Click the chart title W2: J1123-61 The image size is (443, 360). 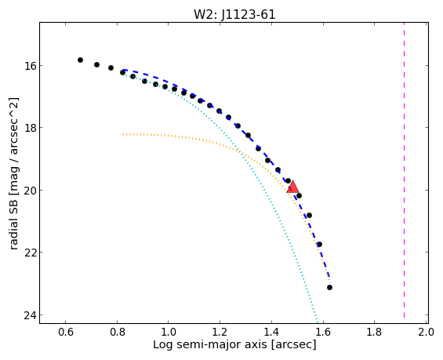(x=234, y=14)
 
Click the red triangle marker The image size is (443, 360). (x=292, y=187)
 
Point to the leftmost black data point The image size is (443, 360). (x=80, y=60)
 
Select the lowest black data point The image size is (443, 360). (x=329, y=287)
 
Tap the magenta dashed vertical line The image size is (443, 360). (x=404, y=170)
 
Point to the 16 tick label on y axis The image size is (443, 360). (x=30, y=66)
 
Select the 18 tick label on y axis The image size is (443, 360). (x=30, y=128)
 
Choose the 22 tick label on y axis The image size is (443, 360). (x=30, y=253)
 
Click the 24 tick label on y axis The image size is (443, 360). (x=30, y=315)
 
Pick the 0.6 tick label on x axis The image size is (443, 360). (x=66, y=332)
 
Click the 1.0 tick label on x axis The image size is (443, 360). (x=169, y=332)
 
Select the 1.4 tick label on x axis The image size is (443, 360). (x=271, y=332)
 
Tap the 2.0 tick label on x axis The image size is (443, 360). (x=426, y=332)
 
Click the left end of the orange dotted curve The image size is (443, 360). (x=123, y=134)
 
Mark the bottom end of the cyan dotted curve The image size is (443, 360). (x=318, y=322)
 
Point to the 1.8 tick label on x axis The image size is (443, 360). (x=374, y=332)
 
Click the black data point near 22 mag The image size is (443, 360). (x=319, y=244)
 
